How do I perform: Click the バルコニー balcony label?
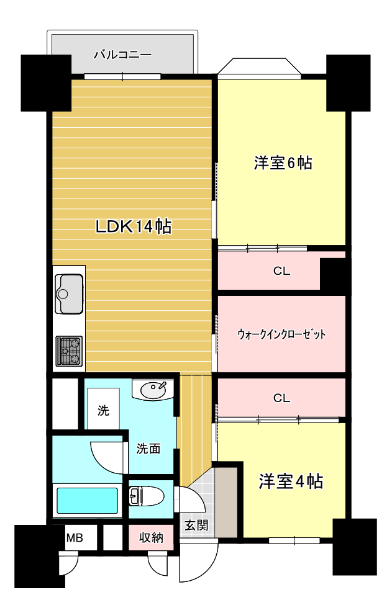122,55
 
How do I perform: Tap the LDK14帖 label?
133,227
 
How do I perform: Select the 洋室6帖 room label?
283,163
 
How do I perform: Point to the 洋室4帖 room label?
291,481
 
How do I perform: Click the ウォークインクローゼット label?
281,334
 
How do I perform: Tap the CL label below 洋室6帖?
281,271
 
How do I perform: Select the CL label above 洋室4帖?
281,398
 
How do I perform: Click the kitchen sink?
69,293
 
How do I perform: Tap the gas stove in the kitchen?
68,351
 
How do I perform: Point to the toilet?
146,496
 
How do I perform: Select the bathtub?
87,501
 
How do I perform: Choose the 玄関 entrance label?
196,526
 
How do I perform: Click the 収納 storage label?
151,537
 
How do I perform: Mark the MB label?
75,537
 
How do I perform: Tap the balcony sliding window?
122,77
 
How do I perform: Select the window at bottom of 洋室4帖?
294,540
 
